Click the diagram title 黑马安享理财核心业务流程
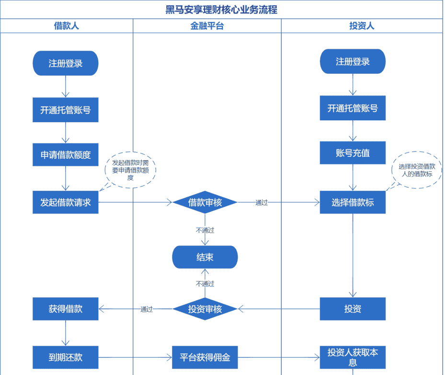(x=221, y=10)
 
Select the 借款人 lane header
(x=66, y=26)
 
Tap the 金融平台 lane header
(x=207, y=26)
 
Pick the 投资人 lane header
(x=362, y=26)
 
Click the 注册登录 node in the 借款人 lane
(x=66, y=63)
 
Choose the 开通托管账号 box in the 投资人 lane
(x=353, y=108)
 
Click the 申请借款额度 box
(x=66, y=155)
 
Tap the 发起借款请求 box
(x=66, y=202)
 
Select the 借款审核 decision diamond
(x=205, y=202)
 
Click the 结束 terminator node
(x=205, y=258)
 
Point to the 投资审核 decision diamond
(x=205, y=309)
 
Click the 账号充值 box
(x=353, y=153)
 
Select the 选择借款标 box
(x=353, y=202)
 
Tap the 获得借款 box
(x=66, y=309)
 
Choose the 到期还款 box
(x=66, y=357)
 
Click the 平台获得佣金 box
(x=205, y=357)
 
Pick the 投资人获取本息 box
(x=353, y=358)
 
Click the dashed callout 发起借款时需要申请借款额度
(x=130, y=170)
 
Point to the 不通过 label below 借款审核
(x=205, y=230)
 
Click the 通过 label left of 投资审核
(x=147, y=309)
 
